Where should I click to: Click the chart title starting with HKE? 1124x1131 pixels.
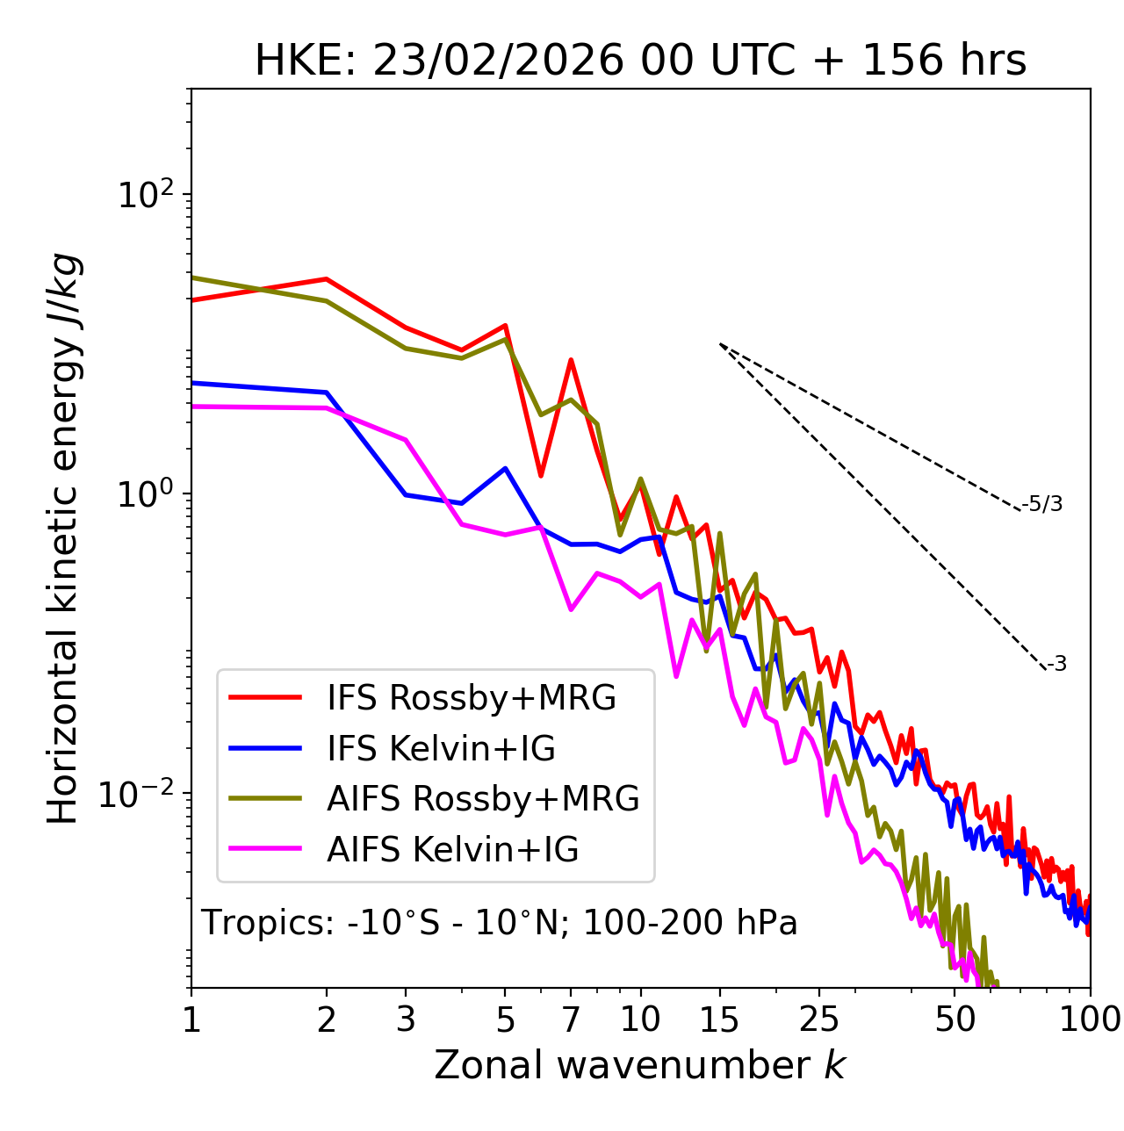tap(640, 61)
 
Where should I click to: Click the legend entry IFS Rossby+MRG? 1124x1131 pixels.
tap(471, 698)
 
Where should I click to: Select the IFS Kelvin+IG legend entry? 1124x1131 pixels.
tap(441, 748)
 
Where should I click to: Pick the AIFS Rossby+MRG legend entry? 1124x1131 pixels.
tap(482, 799)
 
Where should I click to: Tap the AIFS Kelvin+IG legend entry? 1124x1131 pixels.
tap(452, 850)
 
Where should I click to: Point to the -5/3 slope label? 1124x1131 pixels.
tap(1042, 504)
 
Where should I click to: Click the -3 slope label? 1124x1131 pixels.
tap(1057, 664)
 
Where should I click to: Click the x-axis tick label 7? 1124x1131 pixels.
tap(571, 1019)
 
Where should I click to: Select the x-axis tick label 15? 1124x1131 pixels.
tap(719, 1019)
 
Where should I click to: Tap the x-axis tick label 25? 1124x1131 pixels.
tap(819, 1019)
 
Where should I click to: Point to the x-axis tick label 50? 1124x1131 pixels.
tap(955, 1019)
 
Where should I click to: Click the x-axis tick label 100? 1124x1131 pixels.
tap(1090, 1019)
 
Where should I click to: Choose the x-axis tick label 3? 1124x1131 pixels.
tap(405, 1019)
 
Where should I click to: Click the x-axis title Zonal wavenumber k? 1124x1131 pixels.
tap(640, 1065)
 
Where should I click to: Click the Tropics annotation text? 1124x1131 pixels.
tap(500, 923)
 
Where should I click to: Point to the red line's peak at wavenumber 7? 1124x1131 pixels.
tap(571, 360)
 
